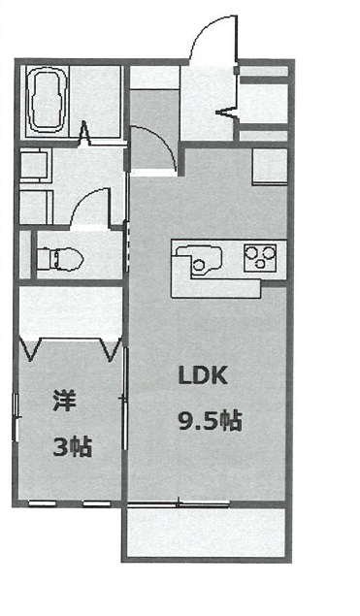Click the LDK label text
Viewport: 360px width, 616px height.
click(x=203, y=375)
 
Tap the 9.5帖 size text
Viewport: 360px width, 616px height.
click(x=210, y=421)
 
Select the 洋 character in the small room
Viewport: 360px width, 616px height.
click(x=64, y=401)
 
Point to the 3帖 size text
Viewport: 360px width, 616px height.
click(x=73, y=447)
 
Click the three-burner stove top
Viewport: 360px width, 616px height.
click(x=260, y=258)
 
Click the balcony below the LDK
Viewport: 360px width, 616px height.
click(x=206, y=533)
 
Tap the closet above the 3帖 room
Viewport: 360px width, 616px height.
click(x=71, y=312)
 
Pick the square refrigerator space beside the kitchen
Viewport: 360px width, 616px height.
click(x=270, y=166)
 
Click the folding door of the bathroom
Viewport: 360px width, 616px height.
click(x=83, y=135)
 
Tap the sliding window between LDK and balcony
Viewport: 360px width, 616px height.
click(x=179, y=503)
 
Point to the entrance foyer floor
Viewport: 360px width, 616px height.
click(x=207, y=103)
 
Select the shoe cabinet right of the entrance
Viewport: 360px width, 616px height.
click(x=264, y=104)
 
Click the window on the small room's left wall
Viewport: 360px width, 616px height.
click(x=16, y=417)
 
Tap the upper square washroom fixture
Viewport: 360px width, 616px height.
click(x=34, y=165)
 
